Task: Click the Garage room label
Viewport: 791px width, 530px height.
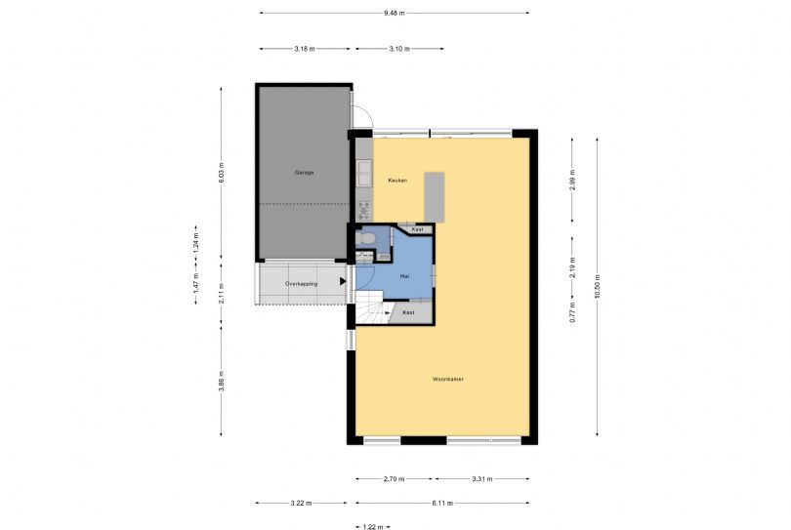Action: coord(304,173)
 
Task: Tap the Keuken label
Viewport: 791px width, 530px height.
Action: coord(397,180)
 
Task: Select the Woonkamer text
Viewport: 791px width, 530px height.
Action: coord(448,379)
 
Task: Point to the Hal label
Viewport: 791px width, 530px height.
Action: coord(404,276)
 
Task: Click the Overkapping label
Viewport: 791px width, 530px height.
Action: coord(301,284)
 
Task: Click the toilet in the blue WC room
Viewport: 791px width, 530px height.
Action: coord(366,238)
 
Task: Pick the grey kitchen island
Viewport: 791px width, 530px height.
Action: coord(435,197)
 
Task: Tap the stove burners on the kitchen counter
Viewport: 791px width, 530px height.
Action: coord(363,210)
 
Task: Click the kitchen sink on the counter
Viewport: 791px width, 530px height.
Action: coord(364,173)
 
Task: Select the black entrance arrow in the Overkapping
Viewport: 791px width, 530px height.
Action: coord(343,281)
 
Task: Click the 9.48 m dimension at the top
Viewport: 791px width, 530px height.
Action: coord(394,13)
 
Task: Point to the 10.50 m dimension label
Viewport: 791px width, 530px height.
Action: coord(598,286)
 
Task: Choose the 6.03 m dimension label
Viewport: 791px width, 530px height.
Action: coord(221,174)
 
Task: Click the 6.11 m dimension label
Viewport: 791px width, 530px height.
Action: coord(442,503)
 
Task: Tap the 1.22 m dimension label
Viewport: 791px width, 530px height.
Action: coord(373,527)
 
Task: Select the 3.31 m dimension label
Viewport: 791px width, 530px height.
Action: coord(481,479)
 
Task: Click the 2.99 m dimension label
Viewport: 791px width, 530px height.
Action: coord(572,180)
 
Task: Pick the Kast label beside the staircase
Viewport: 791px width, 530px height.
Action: coord(408,312)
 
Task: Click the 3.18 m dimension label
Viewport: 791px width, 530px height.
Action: coord(304,49)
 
